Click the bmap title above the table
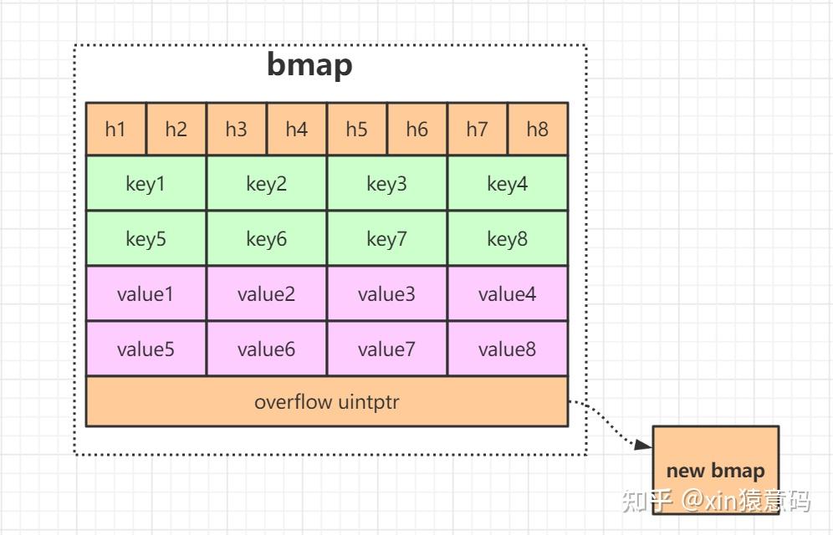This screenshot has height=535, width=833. pyautogui.click(x=309, y=65)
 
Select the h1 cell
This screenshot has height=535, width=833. pyautogui.click(x=115, y=129)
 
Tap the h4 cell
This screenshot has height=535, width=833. pyautogui.click(x=296, y=129)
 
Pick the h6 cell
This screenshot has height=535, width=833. pyautogui.click(x=417, y=129)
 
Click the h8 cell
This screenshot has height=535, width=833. pyautogui.click(x=538, y=129)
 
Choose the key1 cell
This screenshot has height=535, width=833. pyautogui.click(x=146, y=183)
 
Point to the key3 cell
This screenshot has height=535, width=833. pyautogui.click(x=386, y=183)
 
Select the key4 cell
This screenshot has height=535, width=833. pyautogui.click(x=508, y=183)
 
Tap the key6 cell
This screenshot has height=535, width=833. pyautogui.click(x=266, y=238)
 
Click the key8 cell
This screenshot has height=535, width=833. pyautogui.click(x=508, y=238)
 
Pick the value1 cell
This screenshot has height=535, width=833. pyautogui.click(x=146, y=293)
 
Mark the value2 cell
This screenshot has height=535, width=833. pyautogui.click(x=266, y=293)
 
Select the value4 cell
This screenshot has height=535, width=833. pyautogui.click(x=508, y=293)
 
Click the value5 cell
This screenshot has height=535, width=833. pyautogui.click(x=146, y=349)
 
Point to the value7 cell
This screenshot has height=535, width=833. pyautogui.click(x=386, y=349)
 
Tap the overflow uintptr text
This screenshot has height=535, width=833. pyautogui.click(x=327, y=402)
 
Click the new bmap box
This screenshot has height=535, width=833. pyautogui.click(x=716, y=470)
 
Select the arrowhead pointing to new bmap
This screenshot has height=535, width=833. pyautogui.click(x=644, y=444)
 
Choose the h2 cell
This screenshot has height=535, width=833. pyautogui.click(x=176, y=129)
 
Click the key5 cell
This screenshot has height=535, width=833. pyautogui.click(x=146, y=238)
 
